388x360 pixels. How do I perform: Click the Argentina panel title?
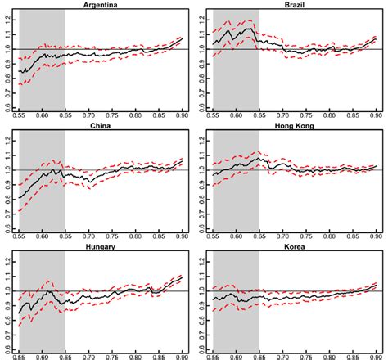[97, 5]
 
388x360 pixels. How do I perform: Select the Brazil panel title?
[291, 5]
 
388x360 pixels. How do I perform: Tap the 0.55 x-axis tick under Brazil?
[214, 116]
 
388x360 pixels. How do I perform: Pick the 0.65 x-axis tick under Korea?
[259, 357]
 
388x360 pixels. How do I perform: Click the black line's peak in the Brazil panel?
[248, 29]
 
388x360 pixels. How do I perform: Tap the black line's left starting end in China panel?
[20, 199]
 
